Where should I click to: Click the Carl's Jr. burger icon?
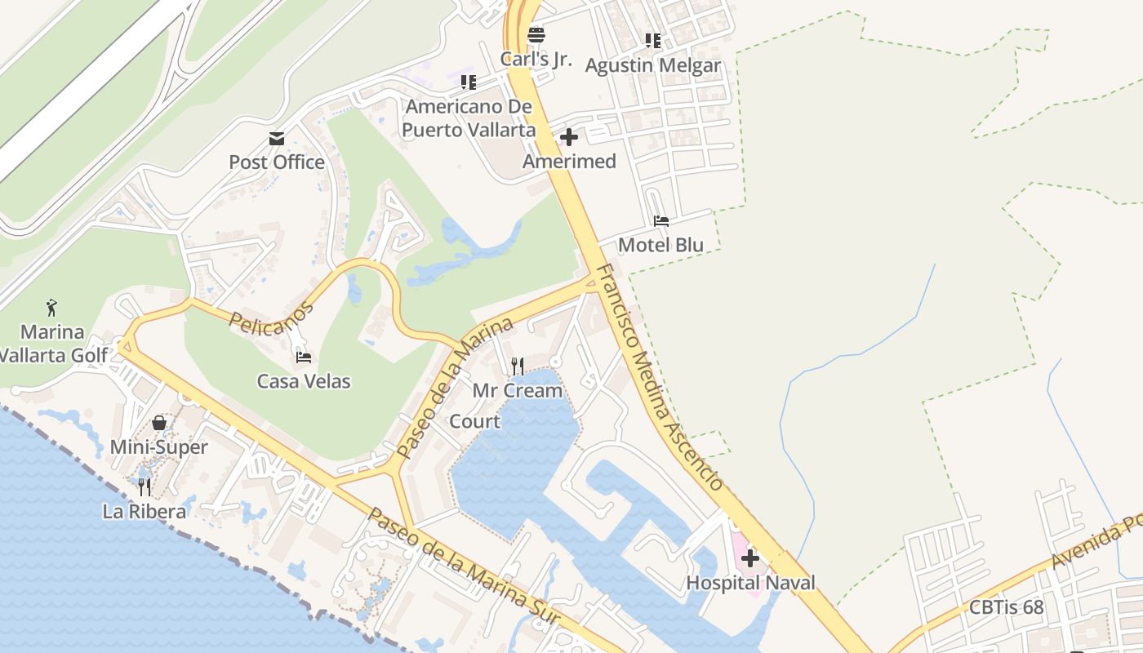[536, 35]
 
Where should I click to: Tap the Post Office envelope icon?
[277, 138]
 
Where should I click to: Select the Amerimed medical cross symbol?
[569, 137]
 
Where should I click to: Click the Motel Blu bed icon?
[661, 221]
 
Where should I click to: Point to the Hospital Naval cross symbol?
[750, 558]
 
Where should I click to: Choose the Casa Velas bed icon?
[304, 357]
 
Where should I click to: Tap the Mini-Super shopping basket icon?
[159, 423]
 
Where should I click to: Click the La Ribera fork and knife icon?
[144, 487]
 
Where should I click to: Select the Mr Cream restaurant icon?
[517, 366]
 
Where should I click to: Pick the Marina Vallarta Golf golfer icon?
[52, 308]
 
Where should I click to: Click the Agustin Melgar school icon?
[652, 40]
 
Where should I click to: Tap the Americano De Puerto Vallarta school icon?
[468, 82]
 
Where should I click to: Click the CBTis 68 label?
[1006, 607]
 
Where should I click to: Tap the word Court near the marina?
[475, 421]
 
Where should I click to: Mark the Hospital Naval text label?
[750, 583]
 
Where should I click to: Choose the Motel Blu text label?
[660, 245]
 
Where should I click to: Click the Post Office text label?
[277, 162]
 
